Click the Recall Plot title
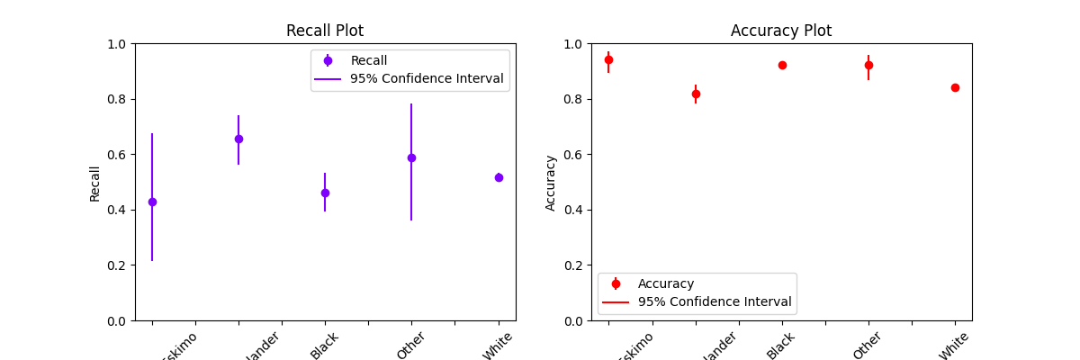tap(325, 31)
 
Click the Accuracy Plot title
tap(781, 31)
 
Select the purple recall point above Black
tap(325, 193)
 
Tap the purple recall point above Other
tap(411, 157)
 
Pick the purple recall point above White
tap(499, 177)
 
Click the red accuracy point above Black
tap(782, 65)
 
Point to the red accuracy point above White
tap(955, 87)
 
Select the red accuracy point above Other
tap(868, 65)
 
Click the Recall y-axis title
tap(95, 183)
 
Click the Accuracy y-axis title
tap(551, 183)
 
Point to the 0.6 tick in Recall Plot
tap(119, 155)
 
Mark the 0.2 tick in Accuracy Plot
tap(574, 265)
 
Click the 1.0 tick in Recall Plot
tap(119, 44)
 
